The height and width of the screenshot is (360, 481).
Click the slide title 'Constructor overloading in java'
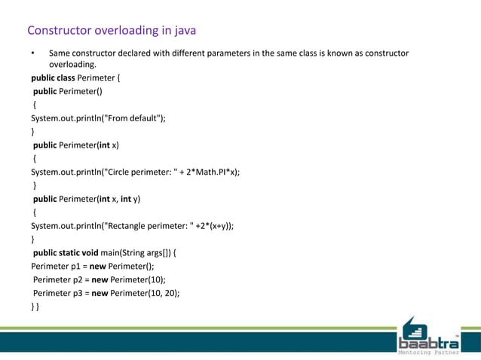click(x=112, y=31)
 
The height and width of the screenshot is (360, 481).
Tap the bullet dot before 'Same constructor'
click(x=32, y=54)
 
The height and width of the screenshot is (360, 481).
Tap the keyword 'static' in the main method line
click(x=75, y=252)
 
